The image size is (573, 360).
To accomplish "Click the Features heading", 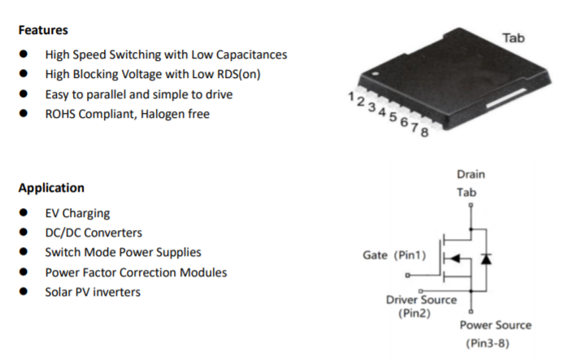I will [43, 30].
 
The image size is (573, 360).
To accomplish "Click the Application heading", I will [51, 188].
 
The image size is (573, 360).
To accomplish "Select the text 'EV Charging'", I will [77, 214].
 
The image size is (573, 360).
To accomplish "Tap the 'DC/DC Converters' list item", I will [93, 233].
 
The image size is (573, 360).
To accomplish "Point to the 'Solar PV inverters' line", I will [93, 292].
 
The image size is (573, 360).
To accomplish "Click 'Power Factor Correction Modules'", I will [136, 272].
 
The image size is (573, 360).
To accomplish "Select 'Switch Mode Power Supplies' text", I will [123, 253].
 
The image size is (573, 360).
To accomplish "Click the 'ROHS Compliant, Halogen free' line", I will [127, 115].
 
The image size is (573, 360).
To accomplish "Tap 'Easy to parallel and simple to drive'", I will [139, 94].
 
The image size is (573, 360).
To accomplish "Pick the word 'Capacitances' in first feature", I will [253, 55].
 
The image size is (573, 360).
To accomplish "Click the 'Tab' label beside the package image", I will [513, 38].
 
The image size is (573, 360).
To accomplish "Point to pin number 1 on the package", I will [350, 97].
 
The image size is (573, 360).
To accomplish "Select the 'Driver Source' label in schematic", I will [421, 300].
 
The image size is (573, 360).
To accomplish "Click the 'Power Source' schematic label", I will [495, 325].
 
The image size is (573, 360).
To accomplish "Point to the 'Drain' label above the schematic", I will [471, 174].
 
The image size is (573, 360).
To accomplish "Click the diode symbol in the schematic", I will [486, 258].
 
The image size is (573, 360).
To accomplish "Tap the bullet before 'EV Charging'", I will [25, 214].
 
